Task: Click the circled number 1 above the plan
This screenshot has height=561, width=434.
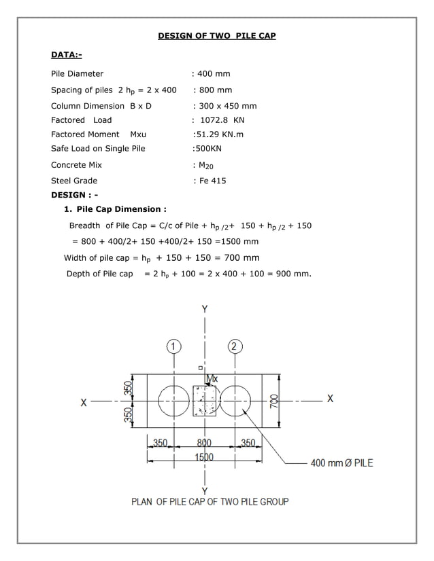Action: click(x=174, y=346)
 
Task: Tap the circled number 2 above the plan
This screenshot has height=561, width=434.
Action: click(x=234, y=346)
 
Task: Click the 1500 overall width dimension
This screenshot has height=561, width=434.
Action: click(x=204, y=457)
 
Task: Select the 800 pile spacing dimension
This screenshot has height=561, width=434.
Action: click(x=204, y=443)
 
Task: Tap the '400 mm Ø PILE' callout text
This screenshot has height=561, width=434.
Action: click(x=341, y=463)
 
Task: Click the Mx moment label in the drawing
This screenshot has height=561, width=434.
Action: click(x=212, y=378)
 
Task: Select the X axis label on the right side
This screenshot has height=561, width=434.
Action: click(x=330, y=399)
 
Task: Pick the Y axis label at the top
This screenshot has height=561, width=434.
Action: click(x=205, y=309)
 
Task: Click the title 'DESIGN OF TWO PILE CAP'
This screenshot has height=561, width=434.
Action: click(x=217, y=35)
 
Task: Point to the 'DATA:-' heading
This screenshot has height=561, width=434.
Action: click(x=67, y=54)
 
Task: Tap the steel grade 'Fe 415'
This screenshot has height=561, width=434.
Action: click(x=211, y=181)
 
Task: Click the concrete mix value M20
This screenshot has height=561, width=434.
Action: click(x=206, y=165)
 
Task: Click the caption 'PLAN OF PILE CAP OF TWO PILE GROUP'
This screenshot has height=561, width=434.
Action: click(x=210, y=501)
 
